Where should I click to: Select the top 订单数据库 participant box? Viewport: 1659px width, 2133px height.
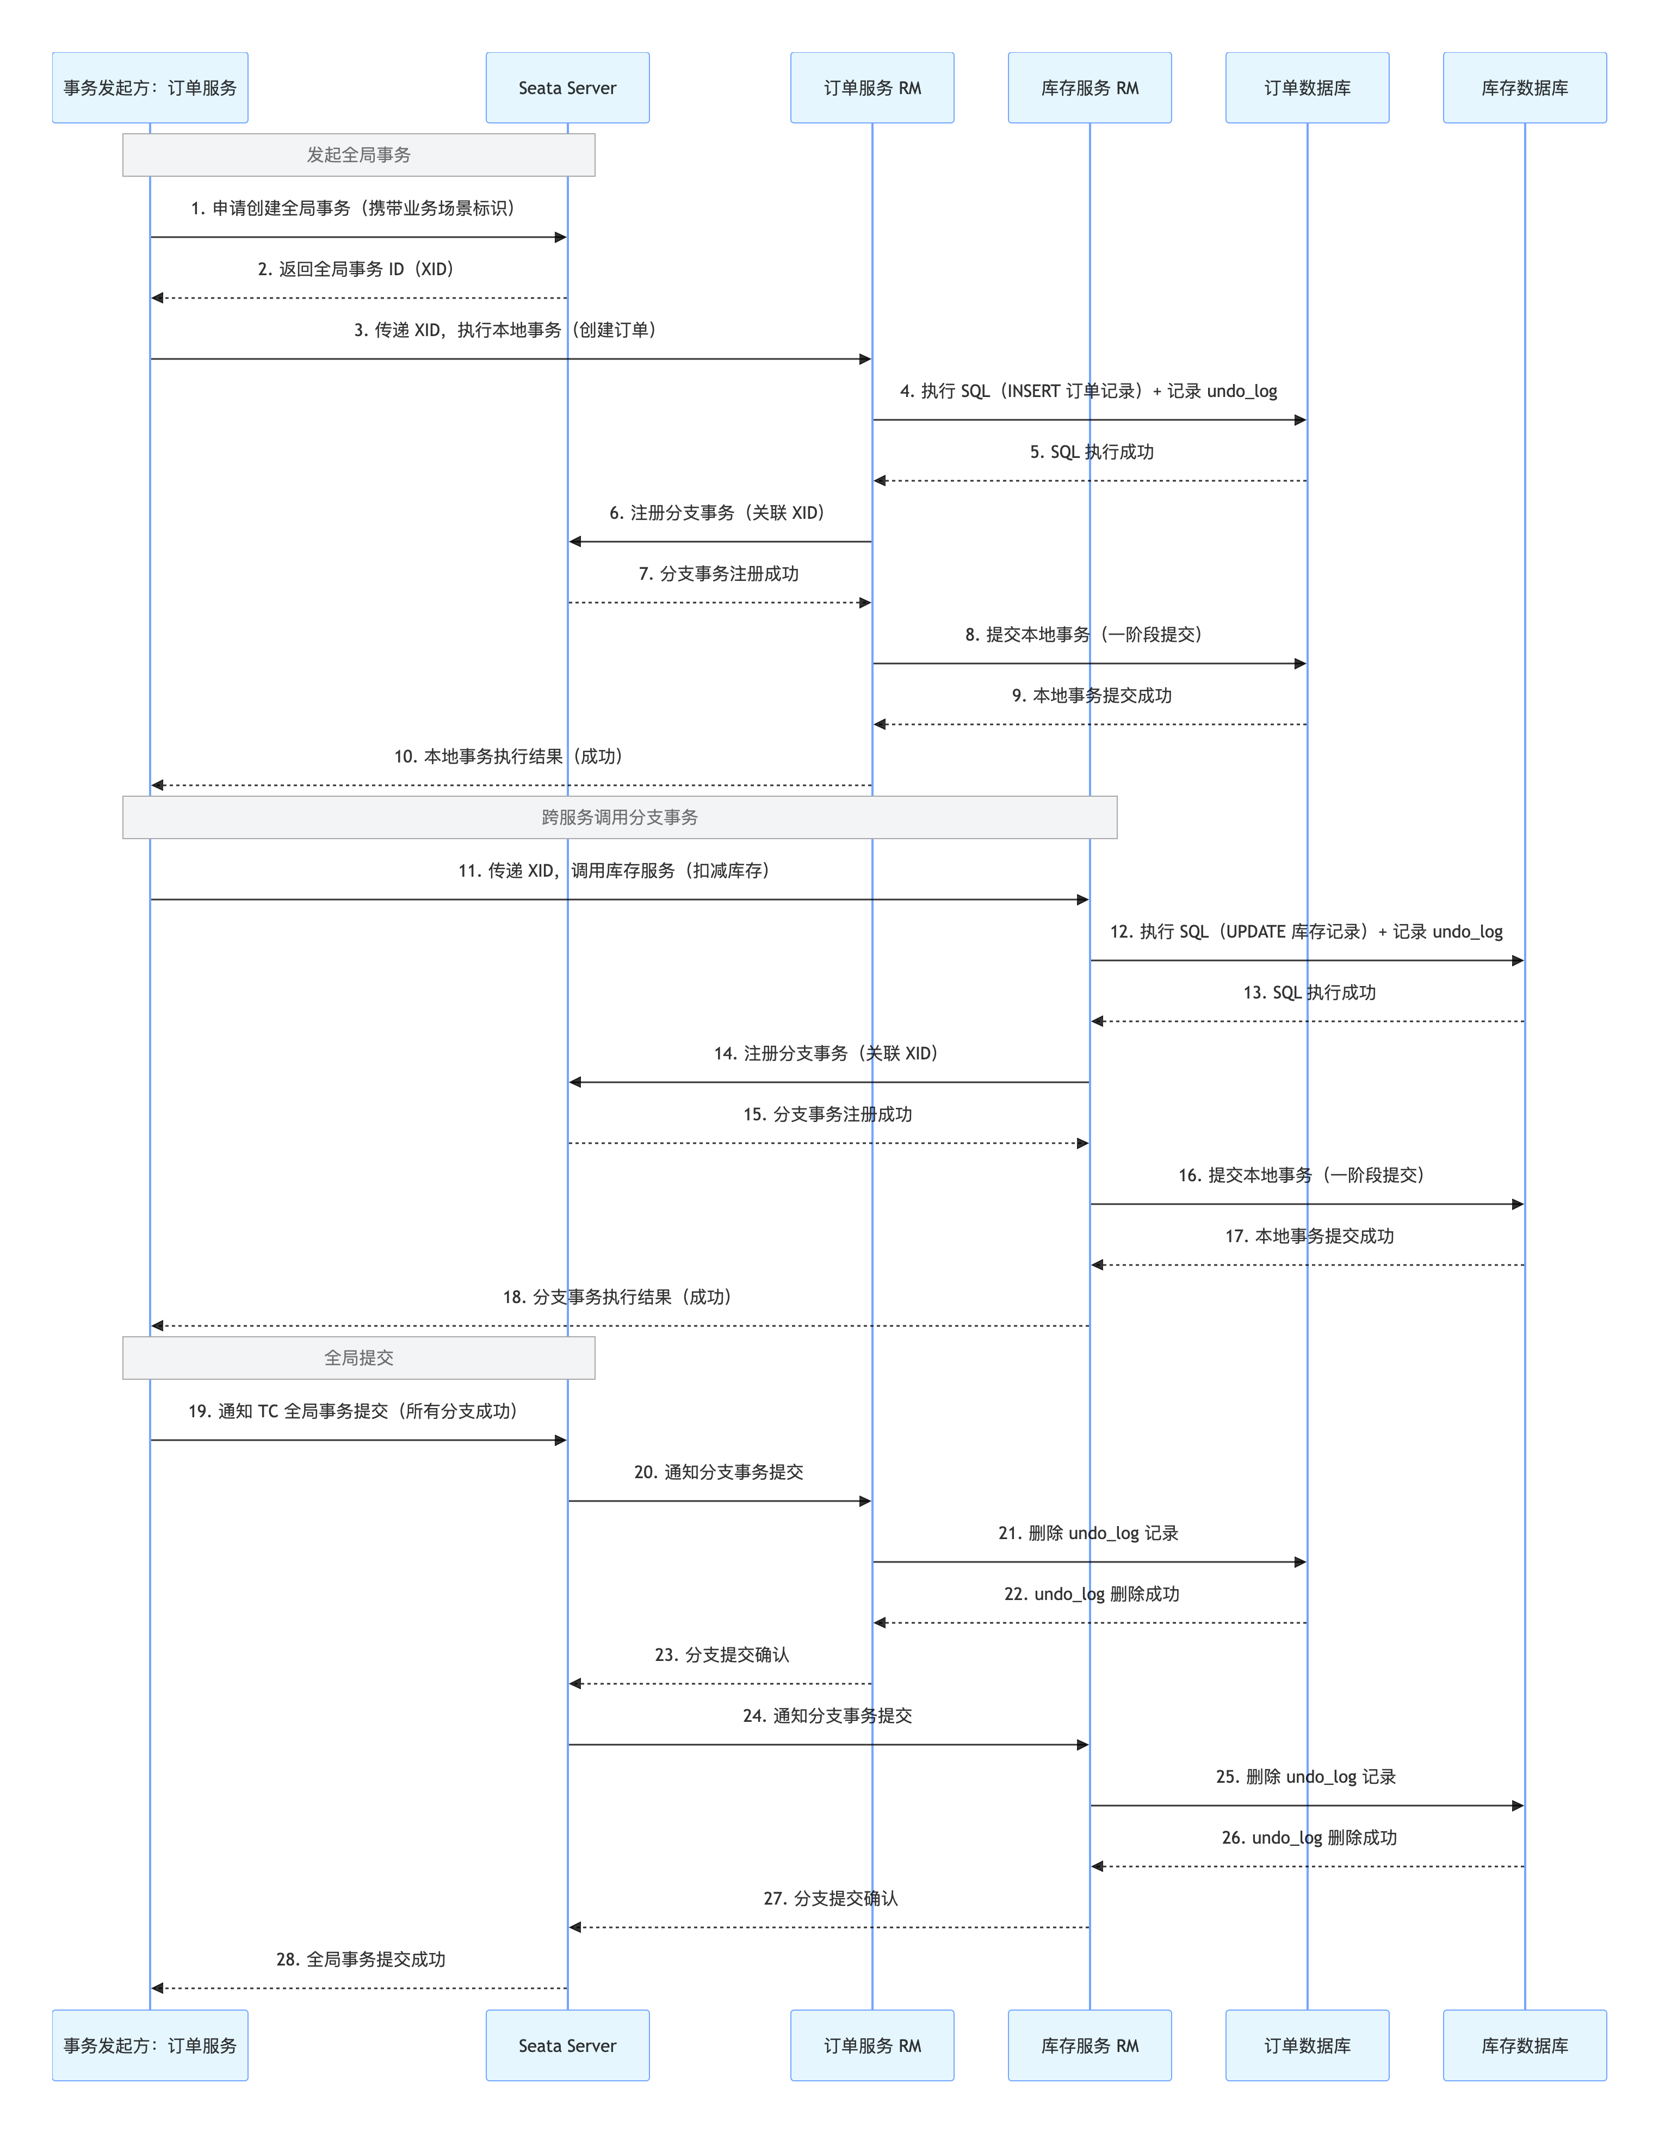coord(1307,88)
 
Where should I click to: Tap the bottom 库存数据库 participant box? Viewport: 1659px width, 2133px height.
coord(1524,2045)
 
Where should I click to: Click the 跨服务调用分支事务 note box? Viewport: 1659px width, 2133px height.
coord(620,817)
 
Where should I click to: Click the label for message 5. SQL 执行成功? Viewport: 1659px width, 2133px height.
coord(1091,452)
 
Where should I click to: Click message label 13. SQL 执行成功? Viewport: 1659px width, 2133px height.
coord(1309,993)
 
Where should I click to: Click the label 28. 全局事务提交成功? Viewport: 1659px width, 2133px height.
coord(361,1959)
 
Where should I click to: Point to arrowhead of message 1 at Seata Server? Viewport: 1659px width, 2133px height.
coord(561,237)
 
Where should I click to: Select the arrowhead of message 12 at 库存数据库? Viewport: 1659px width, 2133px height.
coord(1518,961)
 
